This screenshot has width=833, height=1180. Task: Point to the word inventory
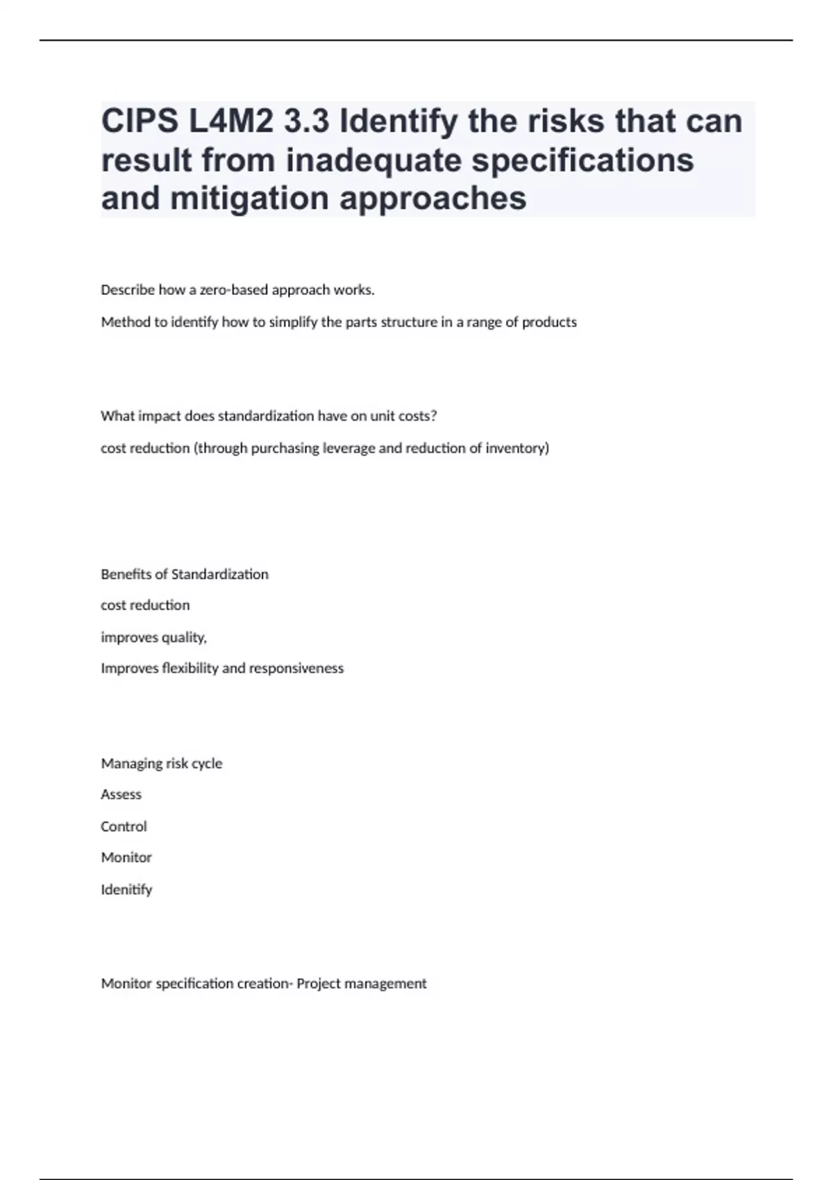(x=517, y=448)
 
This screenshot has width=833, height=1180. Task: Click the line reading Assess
(x=121, y=795)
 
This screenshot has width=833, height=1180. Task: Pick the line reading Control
(x=124, y=827)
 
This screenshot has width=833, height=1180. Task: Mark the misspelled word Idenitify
(x=126, y=890)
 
